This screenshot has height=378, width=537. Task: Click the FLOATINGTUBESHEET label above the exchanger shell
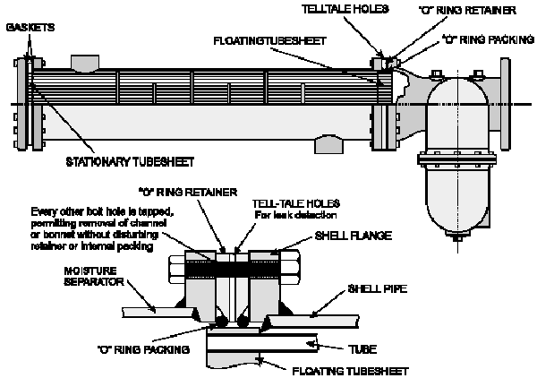(x=269, y=41)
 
